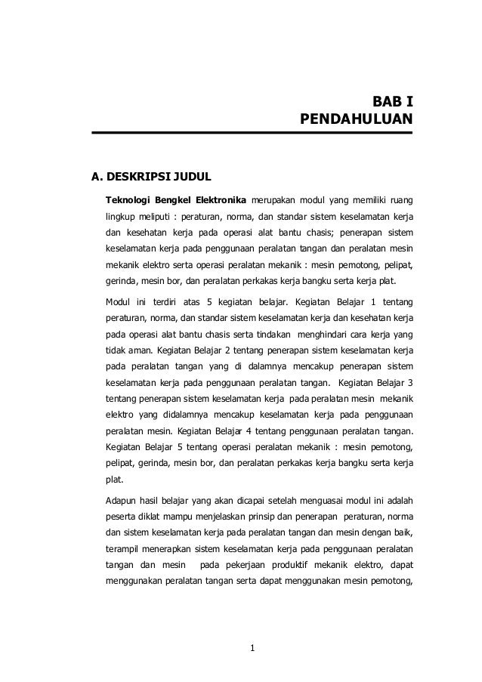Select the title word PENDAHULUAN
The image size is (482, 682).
tap(356, 119)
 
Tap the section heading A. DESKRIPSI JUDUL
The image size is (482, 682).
tap(151, 178)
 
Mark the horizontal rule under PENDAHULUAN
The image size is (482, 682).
tap(252, 133)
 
